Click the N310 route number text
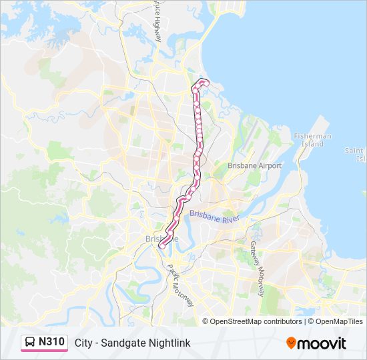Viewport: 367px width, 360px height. (x=51, y=342)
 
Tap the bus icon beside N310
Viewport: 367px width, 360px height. (x=31, y=343)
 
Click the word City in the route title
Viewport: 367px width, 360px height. (x=83, y=343)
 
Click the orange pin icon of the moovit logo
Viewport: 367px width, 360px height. (x=291, y=343)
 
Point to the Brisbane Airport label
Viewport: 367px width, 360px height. (x=254, y=165)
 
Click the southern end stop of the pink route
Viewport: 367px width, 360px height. (x=161, y=246)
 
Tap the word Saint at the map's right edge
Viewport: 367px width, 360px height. (x=355, y=151)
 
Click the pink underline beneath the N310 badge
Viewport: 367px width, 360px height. (x=44, y=351)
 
